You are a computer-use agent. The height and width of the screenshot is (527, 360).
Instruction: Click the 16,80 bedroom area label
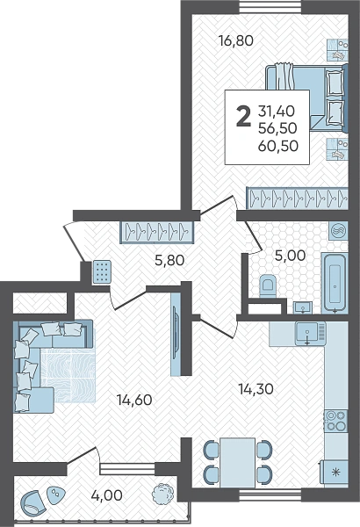[235, 41]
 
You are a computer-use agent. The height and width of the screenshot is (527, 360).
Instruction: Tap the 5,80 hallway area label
[169, 260]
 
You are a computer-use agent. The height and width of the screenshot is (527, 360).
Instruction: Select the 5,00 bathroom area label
[290, 256]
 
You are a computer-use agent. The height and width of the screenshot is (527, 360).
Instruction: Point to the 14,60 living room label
[134, 400]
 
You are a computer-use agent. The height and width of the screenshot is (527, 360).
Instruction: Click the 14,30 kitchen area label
[256, 389]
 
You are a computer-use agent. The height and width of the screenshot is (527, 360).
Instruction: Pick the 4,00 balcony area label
[106, 495]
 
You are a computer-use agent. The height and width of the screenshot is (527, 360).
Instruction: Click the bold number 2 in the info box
[244, 116]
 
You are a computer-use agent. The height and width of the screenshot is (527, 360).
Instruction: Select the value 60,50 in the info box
[278, 146]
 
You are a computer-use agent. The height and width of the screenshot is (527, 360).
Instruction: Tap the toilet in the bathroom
[268, 285]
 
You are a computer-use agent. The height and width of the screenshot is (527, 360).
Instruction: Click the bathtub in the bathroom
[335, 284]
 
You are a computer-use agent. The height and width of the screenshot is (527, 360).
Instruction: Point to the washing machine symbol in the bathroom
[337, 231]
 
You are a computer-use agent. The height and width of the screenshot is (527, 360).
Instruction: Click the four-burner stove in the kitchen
[336, 421]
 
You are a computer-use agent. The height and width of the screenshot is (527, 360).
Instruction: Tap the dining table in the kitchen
[237, 463]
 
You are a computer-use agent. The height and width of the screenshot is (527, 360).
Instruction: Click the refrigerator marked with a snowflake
[335, 473]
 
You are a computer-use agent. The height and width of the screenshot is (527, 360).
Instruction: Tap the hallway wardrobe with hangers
[157, 232]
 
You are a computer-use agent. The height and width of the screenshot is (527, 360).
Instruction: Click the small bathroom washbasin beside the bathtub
[303, 307]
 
